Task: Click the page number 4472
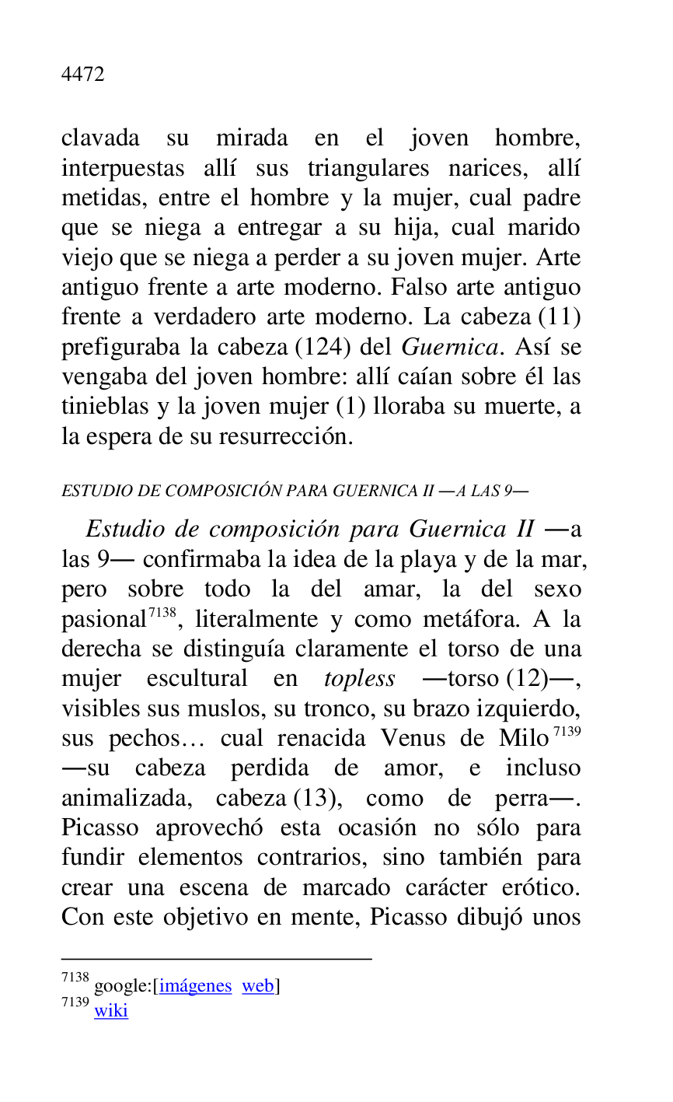pos(82,75)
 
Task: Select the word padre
pos(551,198)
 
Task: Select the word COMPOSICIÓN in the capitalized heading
pos(224,491)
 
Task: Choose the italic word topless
pos(360,679)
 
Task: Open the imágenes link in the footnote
pos(195,986)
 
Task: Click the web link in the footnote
pos(257,986)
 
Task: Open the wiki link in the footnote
pos(111,1011)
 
